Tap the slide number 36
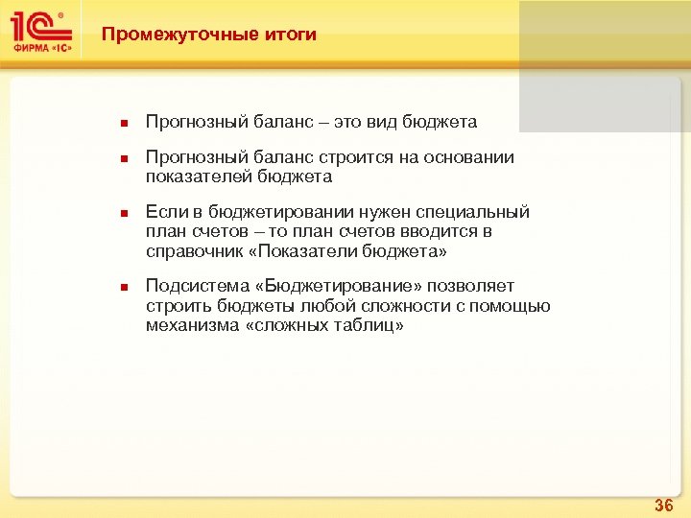point(663,504)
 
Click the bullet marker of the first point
point(124,123)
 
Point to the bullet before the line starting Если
point(124,213)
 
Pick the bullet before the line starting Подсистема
point(124,287)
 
